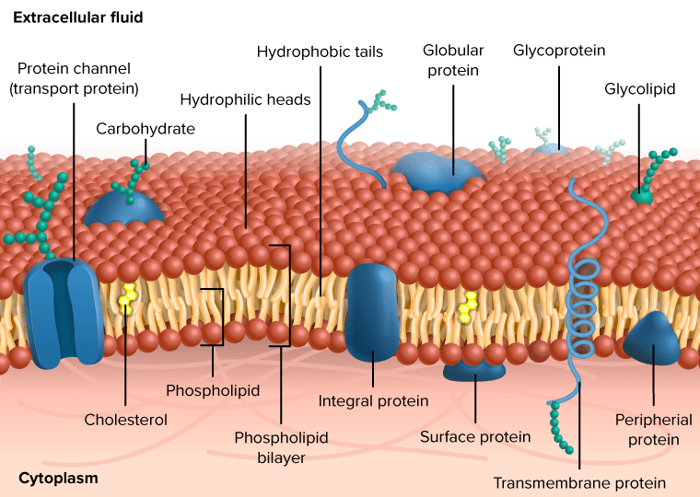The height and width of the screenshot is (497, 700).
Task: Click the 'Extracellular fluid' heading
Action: tap(78, 17)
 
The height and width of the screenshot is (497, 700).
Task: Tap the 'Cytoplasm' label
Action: tap(58, 479)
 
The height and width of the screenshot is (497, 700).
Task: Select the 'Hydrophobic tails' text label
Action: tap(320, 52)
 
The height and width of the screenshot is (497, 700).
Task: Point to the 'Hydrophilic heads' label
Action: tap(245, 99)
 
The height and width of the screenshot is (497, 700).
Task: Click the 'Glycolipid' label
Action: tap(640, 89)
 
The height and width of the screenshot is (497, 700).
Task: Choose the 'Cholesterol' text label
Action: tap(126, 420)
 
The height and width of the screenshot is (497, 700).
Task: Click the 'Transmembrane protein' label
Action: tap(579, 482)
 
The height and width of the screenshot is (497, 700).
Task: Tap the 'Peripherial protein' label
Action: tap(654, 430)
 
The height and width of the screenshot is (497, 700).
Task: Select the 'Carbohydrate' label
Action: tap(146, 129)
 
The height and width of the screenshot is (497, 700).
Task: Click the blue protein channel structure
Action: tap(63, 312)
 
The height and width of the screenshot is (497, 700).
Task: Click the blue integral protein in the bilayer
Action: tap(371, 311)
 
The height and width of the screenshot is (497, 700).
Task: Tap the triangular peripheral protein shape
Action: tap(652, 338)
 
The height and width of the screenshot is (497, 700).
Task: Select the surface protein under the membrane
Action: tap(474, 371)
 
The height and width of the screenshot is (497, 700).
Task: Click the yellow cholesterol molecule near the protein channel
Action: tap(128, 299)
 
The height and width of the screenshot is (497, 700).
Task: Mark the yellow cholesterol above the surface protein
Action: tap(468, 307)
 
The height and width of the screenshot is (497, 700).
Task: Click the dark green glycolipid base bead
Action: tap(642, 196)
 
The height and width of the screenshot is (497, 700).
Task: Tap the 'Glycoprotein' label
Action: tap(559, 51)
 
